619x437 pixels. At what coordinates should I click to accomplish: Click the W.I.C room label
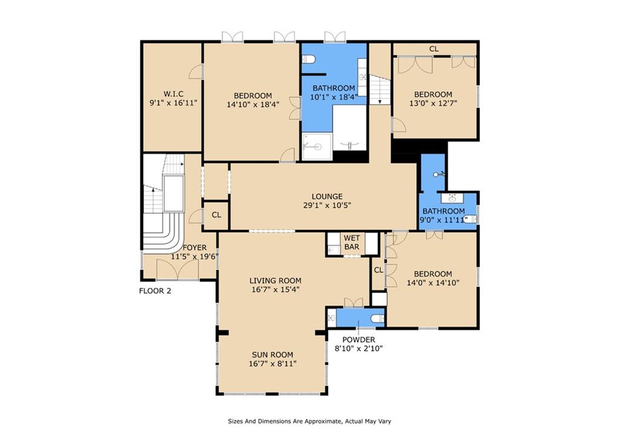point(173,94)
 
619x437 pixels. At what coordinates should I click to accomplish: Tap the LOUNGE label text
point(327,196)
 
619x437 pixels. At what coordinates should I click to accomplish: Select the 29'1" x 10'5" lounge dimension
point(327,206)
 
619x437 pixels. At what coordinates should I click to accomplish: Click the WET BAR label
point(352,242)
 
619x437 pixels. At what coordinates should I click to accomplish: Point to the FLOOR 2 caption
point(155,291)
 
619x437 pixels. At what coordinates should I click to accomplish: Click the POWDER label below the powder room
point(358,340)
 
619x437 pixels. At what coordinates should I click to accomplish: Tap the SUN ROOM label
point(273,354)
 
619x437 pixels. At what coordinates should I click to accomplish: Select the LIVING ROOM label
point(275,280)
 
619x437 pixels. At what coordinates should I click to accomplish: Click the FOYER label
point(195,248)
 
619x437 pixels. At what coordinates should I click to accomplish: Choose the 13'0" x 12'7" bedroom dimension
point(433,103)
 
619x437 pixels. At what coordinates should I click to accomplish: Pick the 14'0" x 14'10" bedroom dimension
point(433,283)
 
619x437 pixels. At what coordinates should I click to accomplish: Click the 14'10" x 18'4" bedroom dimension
point(253,105)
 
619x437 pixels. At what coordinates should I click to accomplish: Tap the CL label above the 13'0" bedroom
point(434,49)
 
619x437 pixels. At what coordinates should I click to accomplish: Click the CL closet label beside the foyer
point(216,215)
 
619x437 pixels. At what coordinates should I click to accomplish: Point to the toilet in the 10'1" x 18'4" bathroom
point(308,59)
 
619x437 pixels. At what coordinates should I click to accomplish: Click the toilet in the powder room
point(378,318)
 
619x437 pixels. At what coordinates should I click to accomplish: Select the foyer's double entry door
point(178,270)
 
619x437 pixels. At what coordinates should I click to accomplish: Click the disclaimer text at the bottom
point(309,421)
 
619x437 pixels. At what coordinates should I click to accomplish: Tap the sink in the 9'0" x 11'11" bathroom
point(452,198)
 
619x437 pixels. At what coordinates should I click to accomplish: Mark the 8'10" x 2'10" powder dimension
point(358,349)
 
